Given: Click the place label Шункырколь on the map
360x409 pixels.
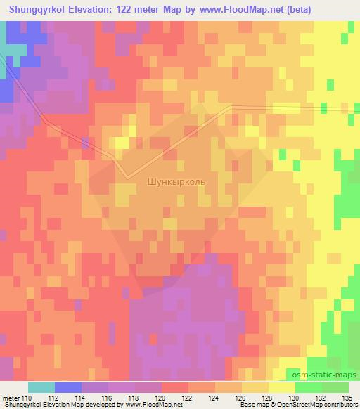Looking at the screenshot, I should coord(176,181).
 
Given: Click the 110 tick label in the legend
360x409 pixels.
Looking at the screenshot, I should coord(28,398).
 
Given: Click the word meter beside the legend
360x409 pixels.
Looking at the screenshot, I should coord(11,398).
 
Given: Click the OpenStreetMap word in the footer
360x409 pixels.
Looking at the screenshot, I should coord(296,405).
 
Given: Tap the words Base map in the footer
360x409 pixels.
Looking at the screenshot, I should coord(250,405).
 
